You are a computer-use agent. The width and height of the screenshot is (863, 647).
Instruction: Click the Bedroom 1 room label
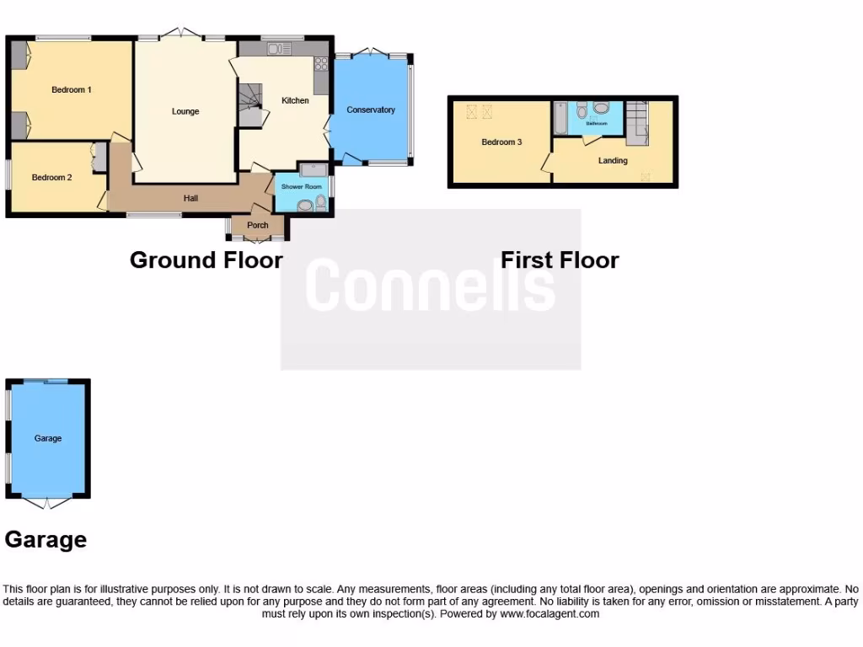pos(71,89)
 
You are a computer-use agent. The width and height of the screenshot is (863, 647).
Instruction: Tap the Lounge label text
pos(185,111)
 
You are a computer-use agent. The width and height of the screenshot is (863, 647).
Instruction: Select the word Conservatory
pos(371,110)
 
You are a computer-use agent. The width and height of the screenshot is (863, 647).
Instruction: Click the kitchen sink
pos(278,49)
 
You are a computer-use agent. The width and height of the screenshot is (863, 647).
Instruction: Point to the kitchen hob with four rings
pos(320,64)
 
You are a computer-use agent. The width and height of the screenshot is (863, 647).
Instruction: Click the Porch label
pos(258,225)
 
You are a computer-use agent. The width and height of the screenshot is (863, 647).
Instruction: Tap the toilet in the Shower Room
pos(319,203)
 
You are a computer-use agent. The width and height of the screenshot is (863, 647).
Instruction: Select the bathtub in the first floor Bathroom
pos(560,118)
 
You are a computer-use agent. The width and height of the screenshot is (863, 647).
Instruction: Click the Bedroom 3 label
pos(501,142)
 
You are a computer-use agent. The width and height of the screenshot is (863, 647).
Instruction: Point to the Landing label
pos(613,160)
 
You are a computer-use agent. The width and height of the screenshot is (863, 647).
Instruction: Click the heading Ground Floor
pos(206,259)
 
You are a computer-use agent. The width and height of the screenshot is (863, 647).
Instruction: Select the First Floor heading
pos(560,259)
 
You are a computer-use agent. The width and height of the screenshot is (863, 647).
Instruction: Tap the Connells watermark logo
pos(430,286)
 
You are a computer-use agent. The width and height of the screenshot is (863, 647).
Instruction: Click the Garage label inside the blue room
pos(48,438)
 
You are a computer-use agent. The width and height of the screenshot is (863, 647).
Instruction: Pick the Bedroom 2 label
pos(51,177)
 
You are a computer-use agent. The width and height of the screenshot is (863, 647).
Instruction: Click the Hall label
pos(191,198)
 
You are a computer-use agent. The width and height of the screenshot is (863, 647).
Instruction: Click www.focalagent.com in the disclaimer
pos(549,614)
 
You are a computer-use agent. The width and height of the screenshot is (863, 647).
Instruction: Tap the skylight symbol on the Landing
pos(646,176)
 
